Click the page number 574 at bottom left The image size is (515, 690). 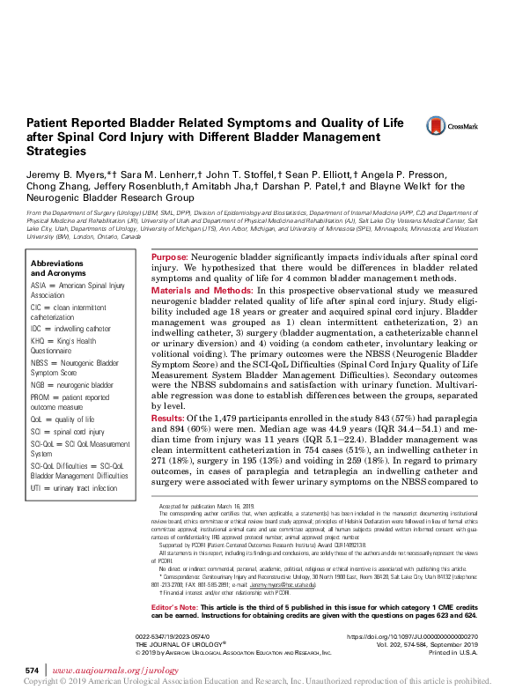point(32,671)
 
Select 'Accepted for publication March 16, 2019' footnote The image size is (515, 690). point(209,508)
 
